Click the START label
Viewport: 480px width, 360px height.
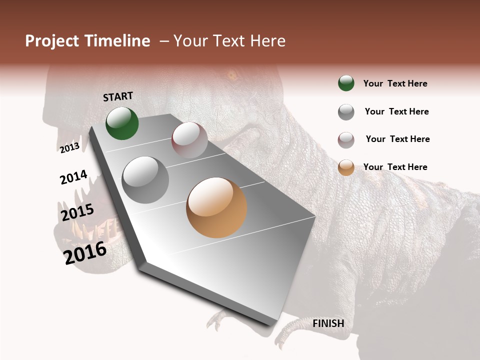coord(118,96)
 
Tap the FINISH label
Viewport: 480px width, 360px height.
coord(328,323)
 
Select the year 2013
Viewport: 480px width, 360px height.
coord(69,147)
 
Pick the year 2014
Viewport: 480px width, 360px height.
coord(73,177)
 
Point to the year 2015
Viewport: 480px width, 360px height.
coord(77,212)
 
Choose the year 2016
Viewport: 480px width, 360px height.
coord(85,252)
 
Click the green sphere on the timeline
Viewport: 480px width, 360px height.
coord(122,123)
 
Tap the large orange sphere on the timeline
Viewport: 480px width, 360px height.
coord(216,207)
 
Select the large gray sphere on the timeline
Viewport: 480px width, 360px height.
coord(145,180)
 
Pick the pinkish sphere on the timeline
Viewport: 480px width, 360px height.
coord(189,140)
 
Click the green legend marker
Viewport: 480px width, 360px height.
coord(346,83)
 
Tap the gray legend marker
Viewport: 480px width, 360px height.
coord(346,112)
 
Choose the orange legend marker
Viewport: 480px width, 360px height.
coord(346,167)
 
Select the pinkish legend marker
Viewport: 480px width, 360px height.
coord(346,140)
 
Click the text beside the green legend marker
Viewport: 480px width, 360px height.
coord(395,83)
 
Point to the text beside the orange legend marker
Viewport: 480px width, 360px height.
coord(395,167)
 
